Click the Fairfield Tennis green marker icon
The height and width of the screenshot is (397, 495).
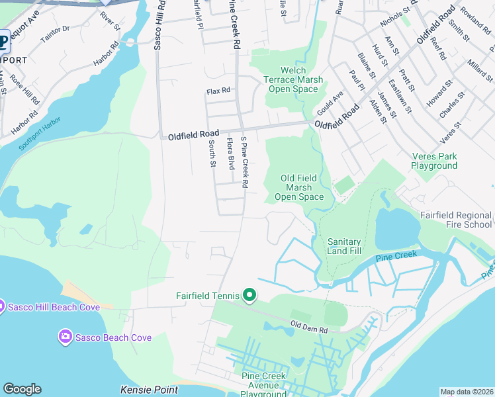[249, 294]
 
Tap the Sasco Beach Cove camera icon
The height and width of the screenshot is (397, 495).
[66, 337]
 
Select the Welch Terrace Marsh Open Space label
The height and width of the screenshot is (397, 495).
[294, 79]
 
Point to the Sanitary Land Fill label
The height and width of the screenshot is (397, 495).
[344, 246]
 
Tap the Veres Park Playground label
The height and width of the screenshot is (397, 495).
[434, 161]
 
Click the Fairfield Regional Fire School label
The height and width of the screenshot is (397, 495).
[457, 220]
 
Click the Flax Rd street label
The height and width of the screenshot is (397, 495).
[218, 91]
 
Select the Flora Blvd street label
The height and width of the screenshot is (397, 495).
[231, 154]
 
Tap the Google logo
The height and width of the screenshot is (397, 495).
[22, 389]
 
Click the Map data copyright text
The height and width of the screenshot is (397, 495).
[467, 392]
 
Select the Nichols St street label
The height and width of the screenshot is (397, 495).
[395, 18]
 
